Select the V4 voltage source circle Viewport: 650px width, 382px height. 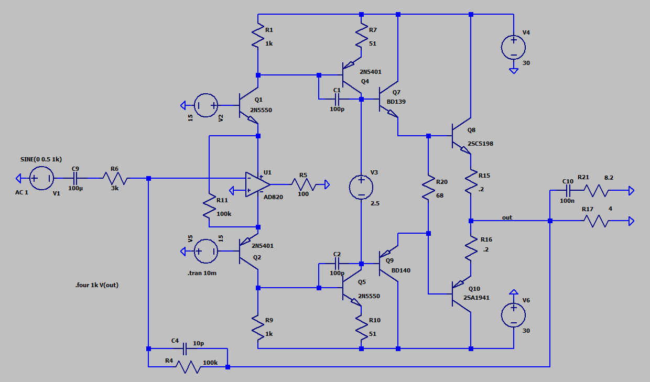click(x=514, y=47)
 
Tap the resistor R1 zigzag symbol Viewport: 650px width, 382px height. click(x=258, y=37)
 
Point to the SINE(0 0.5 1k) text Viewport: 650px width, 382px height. click(x=41, y=159)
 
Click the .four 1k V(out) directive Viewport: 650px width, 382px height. click(x=96, y=286)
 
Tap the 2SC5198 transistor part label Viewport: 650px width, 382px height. click(x=480, y=144)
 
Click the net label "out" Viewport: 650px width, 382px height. click(x=507, y=217)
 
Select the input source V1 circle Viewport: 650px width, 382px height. click(x=41, y=179)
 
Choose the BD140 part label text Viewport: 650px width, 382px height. click(x=401, y=270)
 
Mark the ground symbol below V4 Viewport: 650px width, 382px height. click(x=514, y=70)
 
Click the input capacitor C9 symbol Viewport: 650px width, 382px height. click(x=75, y=179)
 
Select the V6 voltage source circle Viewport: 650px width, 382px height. click(x=514, y=315)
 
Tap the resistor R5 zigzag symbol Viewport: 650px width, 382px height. click(x=304, y=184)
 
